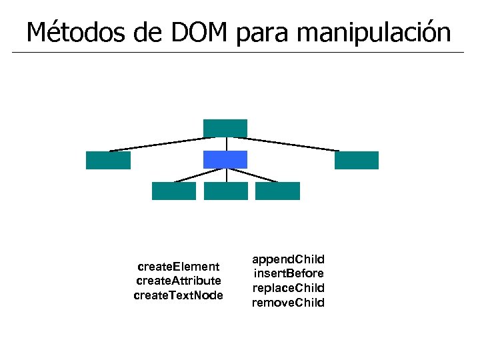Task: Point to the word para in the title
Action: click(x=262, y=31)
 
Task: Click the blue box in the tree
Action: click(x=225, y=159)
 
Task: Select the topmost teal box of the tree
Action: click(x=225, y=127)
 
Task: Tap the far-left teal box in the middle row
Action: click(x=108, y=160)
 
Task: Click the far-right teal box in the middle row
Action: click(x=357, y=160)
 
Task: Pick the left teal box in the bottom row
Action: click(x=174, y=191)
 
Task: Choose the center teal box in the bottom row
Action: click(x=225, y=191)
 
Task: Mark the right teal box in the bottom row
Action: click(x=277, y=191)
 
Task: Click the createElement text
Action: click(x=178, y=267)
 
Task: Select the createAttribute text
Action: click(x=178, y=281)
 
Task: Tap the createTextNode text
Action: click(x=178, y=295)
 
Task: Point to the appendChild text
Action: click(x=288, y=259)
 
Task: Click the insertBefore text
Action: click(x=288, y=273)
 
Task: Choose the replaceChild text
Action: click(x=288, y=288)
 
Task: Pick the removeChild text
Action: click(x=288, y=303)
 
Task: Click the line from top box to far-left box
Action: click(x=160, y=144)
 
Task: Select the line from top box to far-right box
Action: click(x=290, y=144)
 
